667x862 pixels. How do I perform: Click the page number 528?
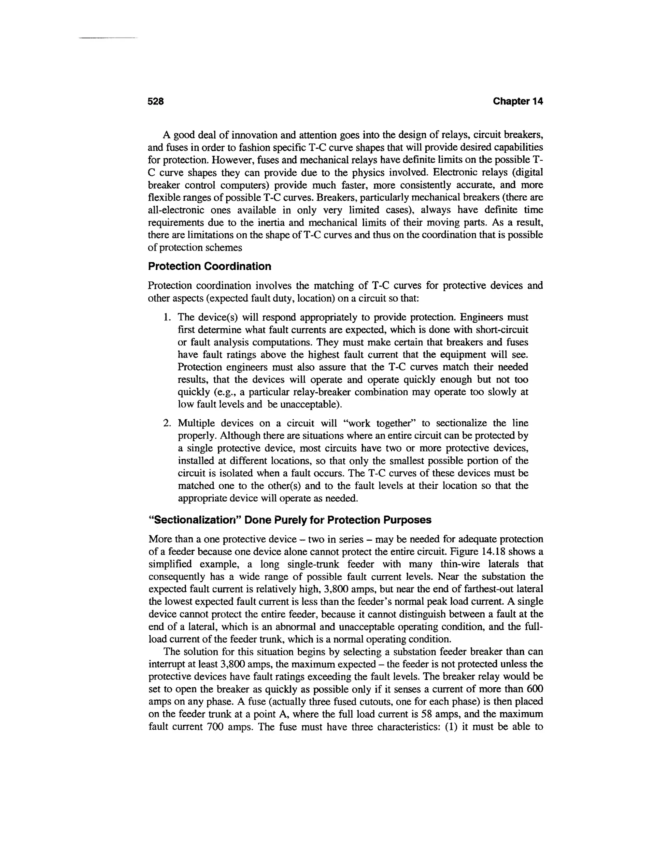point(155,101)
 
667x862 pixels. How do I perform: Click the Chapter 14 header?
point(518,101)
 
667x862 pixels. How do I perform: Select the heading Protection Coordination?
point(209,266)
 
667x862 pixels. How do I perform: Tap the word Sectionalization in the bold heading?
point(194,520)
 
